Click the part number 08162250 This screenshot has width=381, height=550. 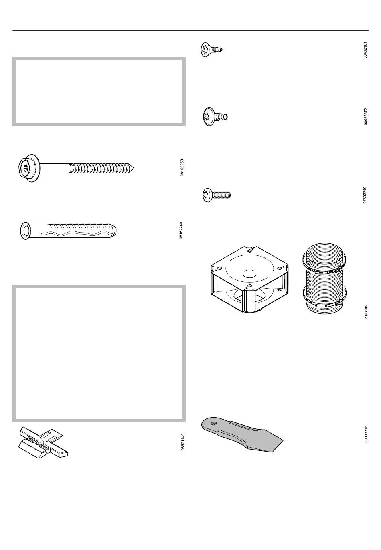click(182, 168)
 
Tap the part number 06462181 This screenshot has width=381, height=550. click(365, 50)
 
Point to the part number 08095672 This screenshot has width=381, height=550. click(366, 116)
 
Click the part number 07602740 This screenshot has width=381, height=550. click(365, 195)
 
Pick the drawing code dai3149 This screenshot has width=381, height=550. click(366, 311)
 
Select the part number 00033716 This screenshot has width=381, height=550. click(366, 434)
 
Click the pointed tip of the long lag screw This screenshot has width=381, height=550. click(134, 169)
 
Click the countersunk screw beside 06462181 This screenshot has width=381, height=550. click(211, 50)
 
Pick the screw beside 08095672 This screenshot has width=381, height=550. click(215, 116)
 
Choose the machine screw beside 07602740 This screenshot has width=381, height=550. click(217, 195)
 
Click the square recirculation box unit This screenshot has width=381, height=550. click(249, 280)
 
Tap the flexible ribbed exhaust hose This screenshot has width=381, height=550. click(324, 280)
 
